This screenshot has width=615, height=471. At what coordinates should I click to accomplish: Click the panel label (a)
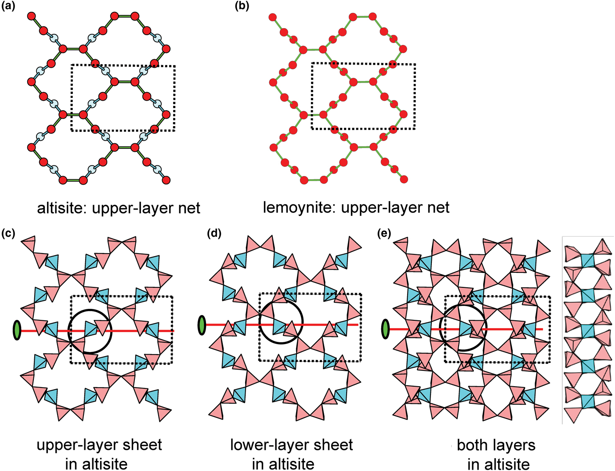[8, 6]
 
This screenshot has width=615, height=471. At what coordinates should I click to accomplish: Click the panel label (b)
[242, 6]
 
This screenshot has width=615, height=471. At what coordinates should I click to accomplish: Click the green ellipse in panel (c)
[17, 330]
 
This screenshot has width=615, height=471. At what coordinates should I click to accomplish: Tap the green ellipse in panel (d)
[202, 325]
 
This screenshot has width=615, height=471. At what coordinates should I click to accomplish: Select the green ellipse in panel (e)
[385, 329]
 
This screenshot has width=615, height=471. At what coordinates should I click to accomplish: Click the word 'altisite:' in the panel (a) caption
[61, 208]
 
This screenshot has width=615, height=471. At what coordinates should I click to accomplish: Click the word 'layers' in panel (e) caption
[513, 446]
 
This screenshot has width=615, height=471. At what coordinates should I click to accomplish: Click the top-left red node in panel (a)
[32, 16]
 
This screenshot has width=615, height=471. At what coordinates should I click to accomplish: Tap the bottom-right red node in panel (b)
[404, 179]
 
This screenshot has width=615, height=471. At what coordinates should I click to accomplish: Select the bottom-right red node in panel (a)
[166, 180]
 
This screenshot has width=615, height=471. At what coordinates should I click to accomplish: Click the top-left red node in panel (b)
[272, 18]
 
